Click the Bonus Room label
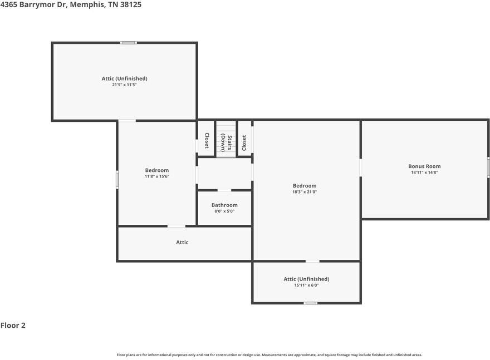[424, 166]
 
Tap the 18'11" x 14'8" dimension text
[424, 172]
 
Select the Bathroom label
[224, 205]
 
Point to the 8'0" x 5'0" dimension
[224, 211]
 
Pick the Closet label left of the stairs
[207, 141]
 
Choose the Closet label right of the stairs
[244, 142]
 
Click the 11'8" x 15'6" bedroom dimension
[157, 176]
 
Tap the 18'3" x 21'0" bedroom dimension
[305, 192]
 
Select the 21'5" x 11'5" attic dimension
[124, 85]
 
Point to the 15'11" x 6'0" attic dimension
[306, 285]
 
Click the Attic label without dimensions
[182, 242]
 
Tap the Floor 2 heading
[13, 326]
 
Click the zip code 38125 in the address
[131, 4]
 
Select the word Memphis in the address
[87, 5]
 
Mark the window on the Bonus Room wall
[488, 167]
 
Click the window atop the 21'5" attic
[129, 43]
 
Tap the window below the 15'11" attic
[311, 303]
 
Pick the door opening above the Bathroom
[224, 190]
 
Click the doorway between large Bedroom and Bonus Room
[361, 167]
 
